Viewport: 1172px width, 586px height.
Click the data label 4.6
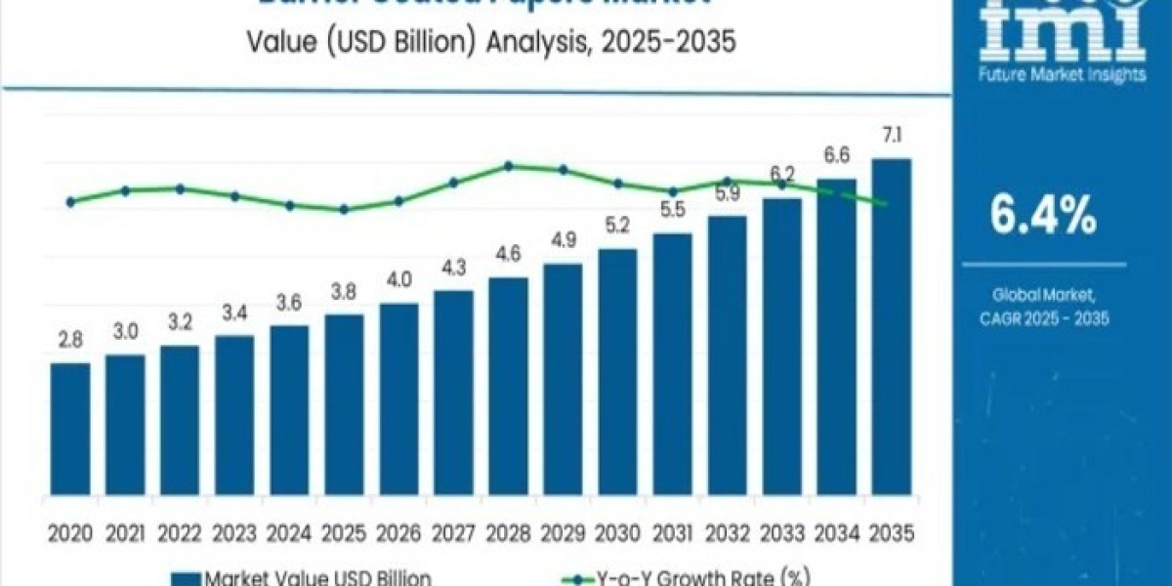click(x=508, y=255)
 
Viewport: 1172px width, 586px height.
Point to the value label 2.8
click(x=70, y=341)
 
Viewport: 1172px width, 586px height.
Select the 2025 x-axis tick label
click(x=344, y=533)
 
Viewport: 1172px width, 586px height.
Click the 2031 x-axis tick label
click(x=672, y=533)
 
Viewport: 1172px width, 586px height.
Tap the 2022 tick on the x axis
click(x=180, y=533)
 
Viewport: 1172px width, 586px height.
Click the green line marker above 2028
click(x=509, y=166)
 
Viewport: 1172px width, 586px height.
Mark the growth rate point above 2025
click(x=344, y=209)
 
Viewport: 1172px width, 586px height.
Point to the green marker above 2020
click(x=70, y=202)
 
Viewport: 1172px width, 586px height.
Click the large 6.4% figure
click(x=1043, y=217)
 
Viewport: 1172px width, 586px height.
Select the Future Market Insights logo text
click(x=1064, y=75)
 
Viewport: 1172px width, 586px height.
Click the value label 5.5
click(x=672, y=211)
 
